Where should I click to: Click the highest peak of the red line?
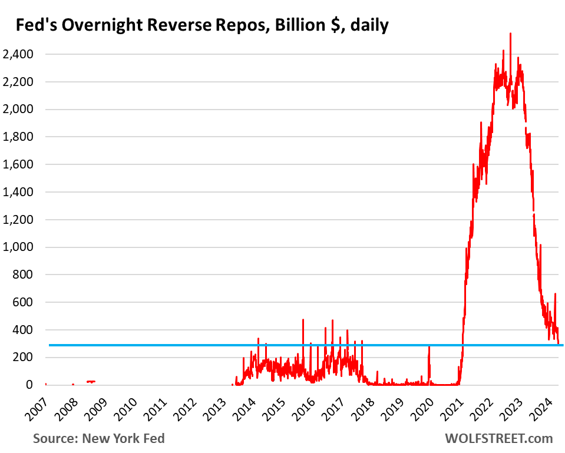(510, 34)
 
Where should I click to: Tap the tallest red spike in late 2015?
(303, 321)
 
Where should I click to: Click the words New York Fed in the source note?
(125, 438)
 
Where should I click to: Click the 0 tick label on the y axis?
(29, 385)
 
